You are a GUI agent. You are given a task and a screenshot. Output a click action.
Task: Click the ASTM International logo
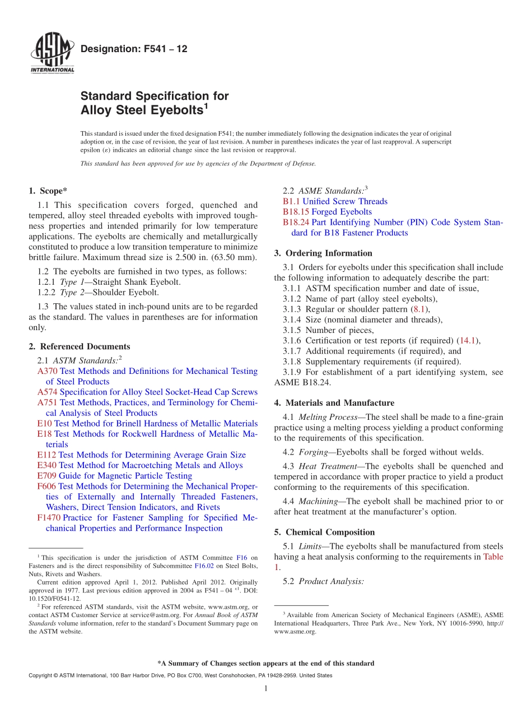[52, 53]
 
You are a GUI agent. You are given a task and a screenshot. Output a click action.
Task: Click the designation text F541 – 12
[134, 49]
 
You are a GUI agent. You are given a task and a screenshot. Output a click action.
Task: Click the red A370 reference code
[47, 371]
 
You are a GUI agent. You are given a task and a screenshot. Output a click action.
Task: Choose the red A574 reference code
[47, 392]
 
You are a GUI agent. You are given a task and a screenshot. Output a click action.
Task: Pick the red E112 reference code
[46, 455]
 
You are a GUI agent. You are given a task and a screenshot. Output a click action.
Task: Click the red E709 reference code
[46, 476]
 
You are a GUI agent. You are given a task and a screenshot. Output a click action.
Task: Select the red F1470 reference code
[49, 518]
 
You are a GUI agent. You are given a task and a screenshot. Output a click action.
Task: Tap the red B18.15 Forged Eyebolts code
[296, 212]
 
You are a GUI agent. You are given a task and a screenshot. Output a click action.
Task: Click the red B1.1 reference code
[291, 201]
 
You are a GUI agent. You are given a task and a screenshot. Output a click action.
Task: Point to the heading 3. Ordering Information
[323, 253]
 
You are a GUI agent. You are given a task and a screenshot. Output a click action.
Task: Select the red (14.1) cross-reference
[469, 341]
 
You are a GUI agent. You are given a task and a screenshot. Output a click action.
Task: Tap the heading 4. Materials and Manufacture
[334, 403]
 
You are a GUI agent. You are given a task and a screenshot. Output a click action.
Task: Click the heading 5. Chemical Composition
[324, 533]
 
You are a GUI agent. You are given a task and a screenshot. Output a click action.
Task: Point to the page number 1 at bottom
[266, 688]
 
